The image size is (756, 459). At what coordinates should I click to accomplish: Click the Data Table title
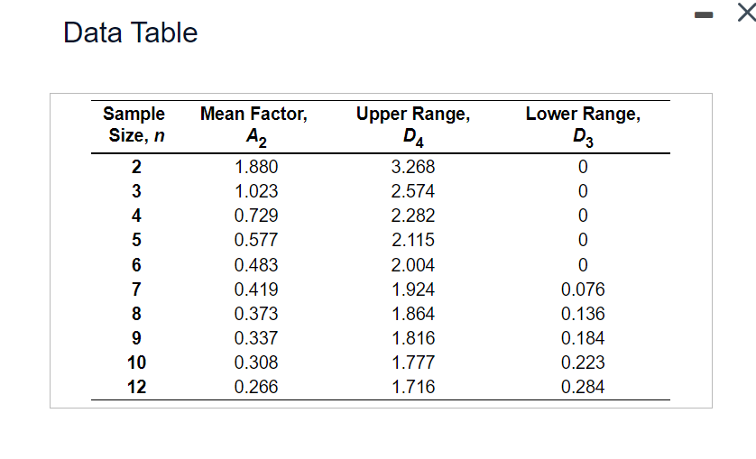click(131, 32)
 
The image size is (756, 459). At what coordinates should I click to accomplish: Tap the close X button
click(744, 13)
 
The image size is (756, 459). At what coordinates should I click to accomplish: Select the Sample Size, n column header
click(134, 125)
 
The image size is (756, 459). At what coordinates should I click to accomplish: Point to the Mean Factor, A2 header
click(254, 125)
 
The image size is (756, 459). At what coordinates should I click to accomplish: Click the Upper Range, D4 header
click(412, 125)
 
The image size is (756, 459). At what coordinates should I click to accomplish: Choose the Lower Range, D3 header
click(583, 125)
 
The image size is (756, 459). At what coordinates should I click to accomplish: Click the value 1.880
click(256, 167)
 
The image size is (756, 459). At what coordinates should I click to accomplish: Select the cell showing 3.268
click(413, 167)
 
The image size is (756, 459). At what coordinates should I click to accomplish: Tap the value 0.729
click(256, 216)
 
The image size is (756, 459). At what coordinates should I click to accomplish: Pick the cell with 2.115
click(413, 240)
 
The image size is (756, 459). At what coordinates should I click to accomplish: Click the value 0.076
click(583, 289)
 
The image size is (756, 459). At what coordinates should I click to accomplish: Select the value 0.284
click(583, 387)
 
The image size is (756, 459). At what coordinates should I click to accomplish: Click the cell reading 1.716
click(413, 387)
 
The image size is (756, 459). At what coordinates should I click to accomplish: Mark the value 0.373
click(256, 314)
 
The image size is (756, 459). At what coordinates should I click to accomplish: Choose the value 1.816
click(413, 338)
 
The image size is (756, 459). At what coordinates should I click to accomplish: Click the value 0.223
click(583, 363)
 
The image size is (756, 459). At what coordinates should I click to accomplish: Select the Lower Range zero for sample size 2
click(583, 167)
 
